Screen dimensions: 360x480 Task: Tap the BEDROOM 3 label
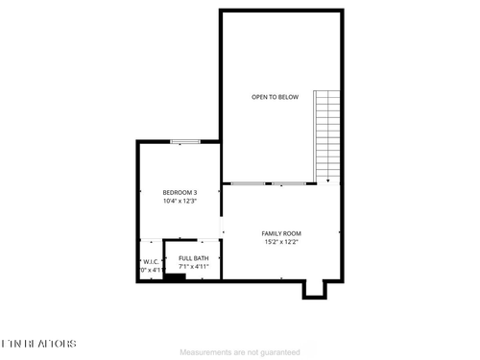tap(180, 193)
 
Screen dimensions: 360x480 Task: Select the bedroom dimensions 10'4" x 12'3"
tap(180, 202)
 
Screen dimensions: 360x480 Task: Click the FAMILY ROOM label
tap(281, 233)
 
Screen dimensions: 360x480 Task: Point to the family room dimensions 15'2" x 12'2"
tap(281, 242)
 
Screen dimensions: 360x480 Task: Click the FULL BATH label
tap(193, 258)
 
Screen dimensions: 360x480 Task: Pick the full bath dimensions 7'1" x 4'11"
tap(193, 267)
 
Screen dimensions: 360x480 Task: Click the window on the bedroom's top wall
tap(185, 142)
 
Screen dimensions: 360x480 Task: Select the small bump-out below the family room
tap(314, 288)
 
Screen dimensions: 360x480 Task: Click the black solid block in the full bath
tap(174, 276)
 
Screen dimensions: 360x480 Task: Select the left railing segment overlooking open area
tap(250, 182)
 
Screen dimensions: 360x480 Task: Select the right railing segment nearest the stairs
tap(290, 182)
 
